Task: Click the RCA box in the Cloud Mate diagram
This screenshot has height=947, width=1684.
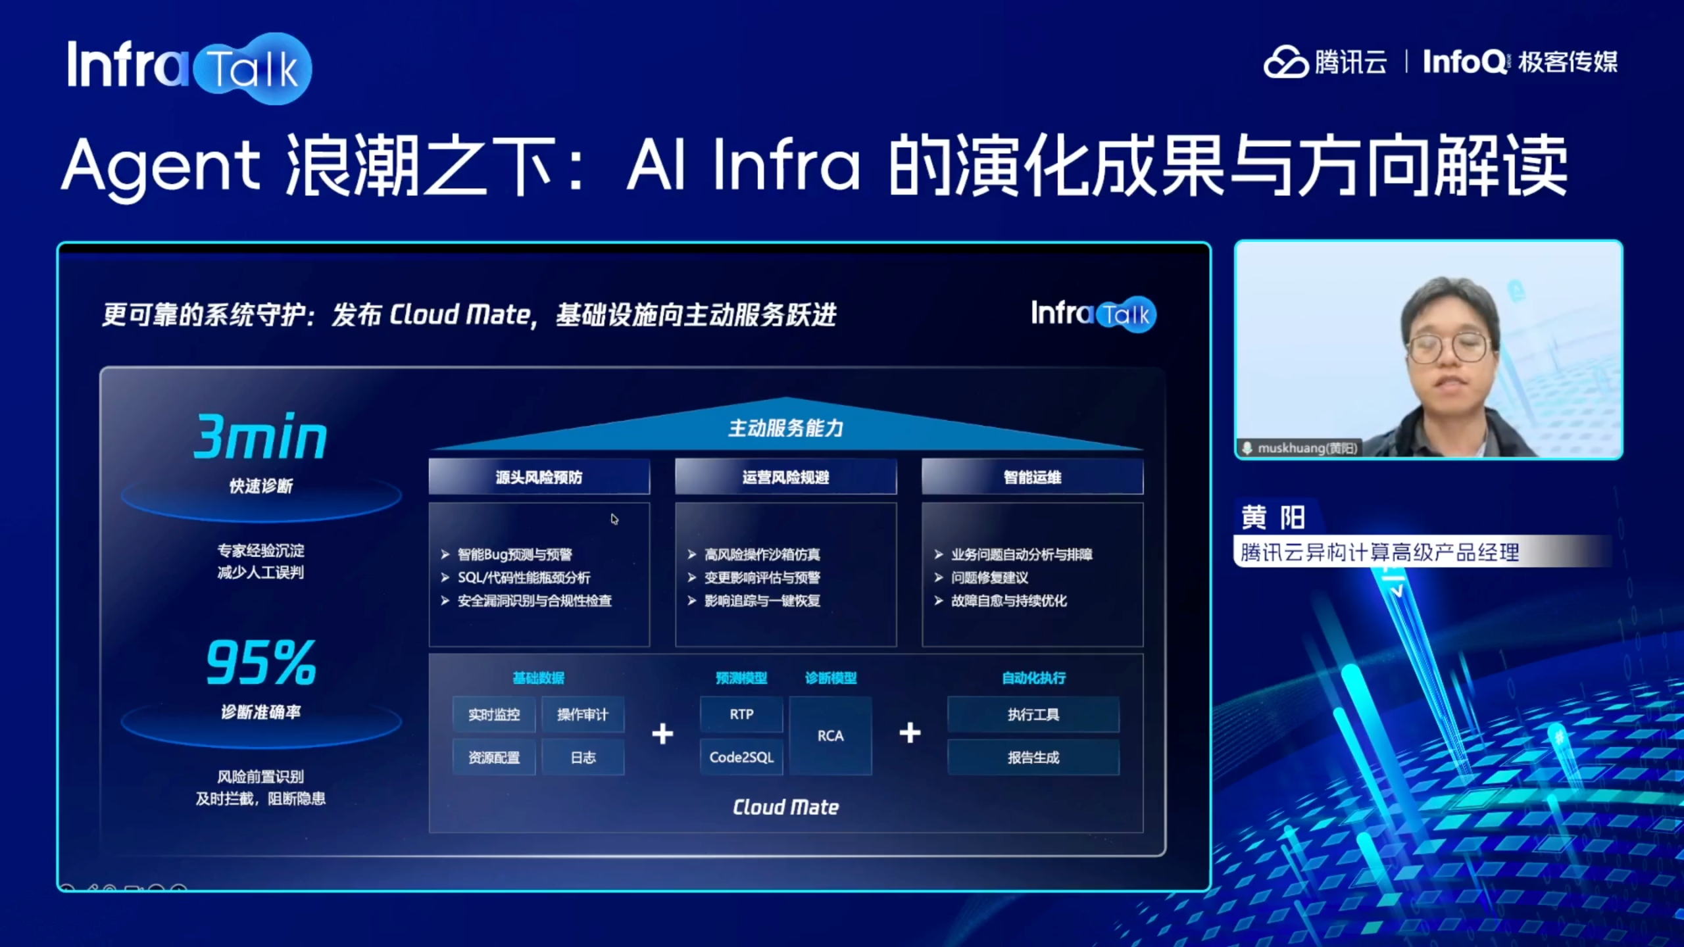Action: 830,735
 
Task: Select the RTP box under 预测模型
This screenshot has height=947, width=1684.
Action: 741,714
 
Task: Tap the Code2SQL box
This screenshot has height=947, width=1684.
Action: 741,757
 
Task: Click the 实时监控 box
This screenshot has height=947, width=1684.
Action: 494,714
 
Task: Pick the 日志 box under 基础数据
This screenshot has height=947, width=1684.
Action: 583,757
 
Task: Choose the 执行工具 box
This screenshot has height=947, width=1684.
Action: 1033,714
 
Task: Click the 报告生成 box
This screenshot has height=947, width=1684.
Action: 1033,757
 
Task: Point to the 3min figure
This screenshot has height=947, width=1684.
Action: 260,436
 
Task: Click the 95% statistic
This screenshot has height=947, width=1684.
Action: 261,662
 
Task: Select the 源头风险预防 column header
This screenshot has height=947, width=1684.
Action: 539,477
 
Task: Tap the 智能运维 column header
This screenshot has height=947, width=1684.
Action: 1033,477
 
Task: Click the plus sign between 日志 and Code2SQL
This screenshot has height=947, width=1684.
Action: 662,733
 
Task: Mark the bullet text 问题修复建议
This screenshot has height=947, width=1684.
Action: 989,577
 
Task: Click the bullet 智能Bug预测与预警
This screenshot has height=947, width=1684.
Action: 515,554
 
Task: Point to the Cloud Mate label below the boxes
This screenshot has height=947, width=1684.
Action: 786,807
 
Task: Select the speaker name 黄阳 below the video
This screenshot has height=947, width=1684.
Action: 1273,518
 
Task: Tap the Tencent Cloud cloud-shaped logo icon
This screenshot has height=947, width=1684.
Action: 1285,62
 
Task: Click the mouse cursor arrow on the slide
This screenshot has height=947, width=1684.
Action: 614,519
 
